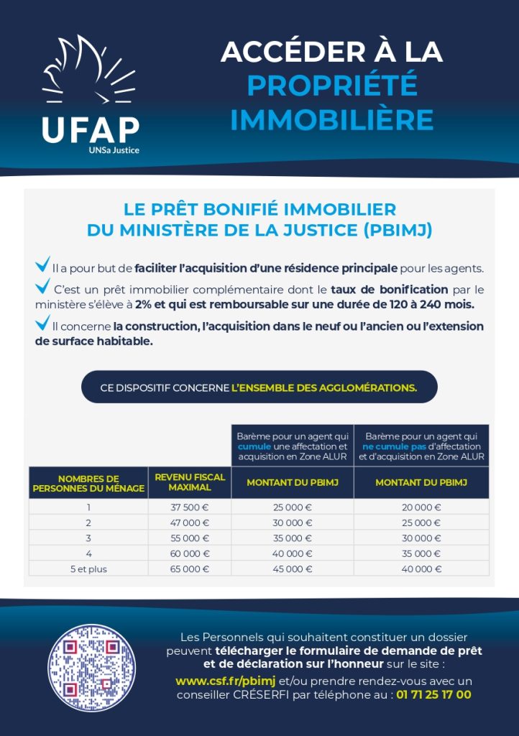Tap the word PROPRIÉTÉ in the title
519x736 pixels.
331,86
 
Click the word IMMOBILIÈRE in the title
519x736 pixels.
331,120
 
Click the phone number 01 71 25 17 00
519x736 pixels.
433,694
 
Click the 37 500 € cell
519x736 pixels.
190,507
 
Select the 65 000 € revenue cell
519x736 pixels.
190,569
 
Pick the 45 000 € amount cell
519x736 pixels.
293,569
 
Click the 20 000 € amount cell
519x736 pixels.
421,507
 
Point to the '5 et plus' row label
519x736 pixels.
88,569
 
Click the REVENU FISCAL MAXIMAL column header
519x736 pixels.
190,482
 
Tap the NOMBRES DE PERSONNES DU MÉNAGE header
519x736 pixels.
88,483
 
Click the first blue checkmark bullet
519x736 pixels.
42,264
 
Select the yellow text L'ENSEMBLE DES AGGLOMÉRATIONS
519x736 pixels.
324,387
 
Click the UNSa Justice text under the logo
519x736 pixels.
114,150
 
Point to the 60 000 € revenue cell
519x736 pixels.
190,553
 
